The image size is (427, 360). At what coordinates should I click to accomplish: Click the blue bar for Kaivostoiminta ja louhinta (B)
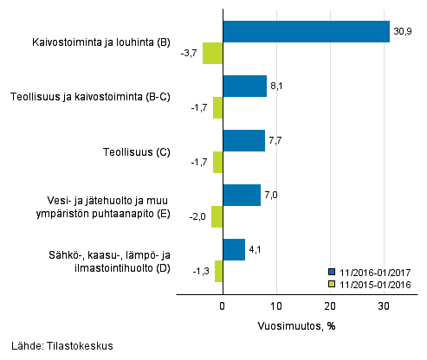coord(306,31)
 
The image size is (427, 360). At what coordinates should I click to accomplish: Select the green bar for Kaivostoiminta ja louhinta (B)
coord(212,53)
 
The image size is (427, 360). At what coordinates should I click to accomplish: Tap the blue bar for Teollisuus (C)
coord(243,140)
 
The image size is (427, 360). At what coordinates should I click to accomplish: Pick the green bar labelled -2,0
coord(217,216)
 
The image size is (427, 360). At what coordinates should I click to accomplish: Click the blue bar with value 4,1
coord(234,249)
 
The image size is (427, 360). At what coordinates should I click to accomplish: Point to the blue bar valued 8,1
coord(244,86)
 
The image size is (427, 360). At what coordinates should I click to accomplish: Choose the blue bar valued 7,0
coord(242,195)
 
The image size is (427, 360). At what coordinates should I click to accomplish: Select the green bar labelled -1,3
coord(218,271)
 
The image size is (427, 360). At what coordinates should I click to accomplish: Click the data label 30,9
coord(402,31)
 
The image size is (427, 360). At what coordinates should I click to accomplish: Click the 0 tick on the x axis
coord(223,306)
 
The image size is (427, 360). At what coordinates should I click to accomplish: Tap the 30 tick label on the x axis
coord(384,306)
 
